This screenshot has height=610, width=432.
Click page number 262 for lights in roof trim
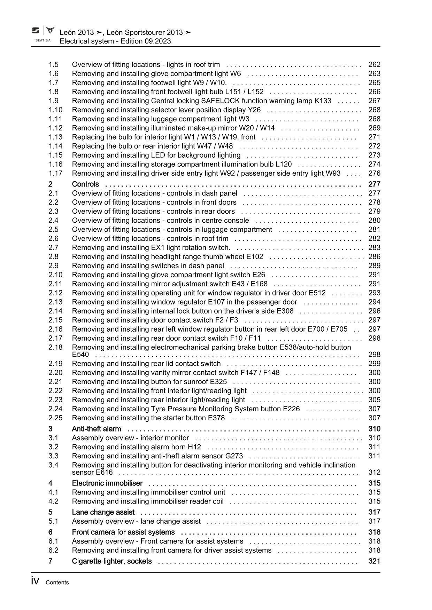point(374,64)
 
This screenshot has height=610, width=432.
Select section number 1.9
point(53,101)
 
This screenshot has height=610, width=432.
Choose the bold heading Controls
point(85,184)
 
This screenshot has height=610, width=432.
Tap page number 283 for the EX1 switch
point(374,247)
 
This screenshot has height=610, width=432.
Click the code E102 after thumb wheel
point(255,256)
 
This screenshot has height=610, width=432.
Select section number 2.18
point(55,347)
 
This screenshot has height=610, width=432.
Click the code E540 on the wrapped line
point(80,355)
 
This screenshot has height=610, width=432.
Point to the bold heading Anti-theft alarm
point(97,429)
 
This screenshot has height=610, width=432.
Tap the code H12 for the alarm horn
point(194,447)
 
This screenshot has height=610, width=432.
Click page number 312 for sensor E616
point(374,472)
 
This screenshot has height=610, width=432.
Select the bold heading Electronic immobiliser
point(107,483)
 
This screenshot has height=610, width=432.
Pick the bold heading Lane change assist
point(103,512)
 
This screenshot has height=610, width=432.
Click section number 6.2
point(53,550)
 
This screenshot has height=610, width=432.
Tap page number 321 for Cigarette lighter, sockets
point(374,561)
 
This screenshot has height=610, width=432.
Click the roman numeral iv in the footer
point(35,581)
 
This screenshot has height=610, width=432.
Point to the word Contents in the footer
point(57,583)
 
